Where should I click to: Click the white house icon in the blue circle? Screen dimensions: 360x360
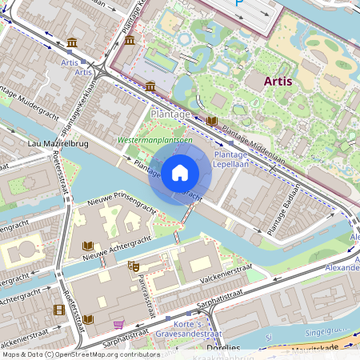180,172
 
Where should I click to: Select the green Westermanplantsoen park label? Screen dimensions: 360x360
155,139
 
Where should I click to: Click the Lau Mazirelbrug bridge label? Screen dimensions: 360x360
58,143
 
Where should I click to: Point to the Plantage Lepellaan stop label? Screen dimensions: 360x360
231,158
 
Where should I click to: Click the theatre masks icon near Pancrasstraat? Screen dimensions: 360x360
134,266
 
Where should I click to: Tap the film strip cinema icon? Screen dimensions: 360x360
58,310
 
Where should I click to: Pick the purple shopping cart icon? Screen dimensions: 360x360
119,324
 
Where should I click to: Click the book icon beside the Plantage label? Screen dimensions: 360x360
211,121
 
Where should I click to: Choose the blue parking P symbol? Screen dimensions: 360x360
240,3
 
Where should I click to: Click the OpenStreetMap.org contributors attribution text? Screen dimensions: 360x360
104,354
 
